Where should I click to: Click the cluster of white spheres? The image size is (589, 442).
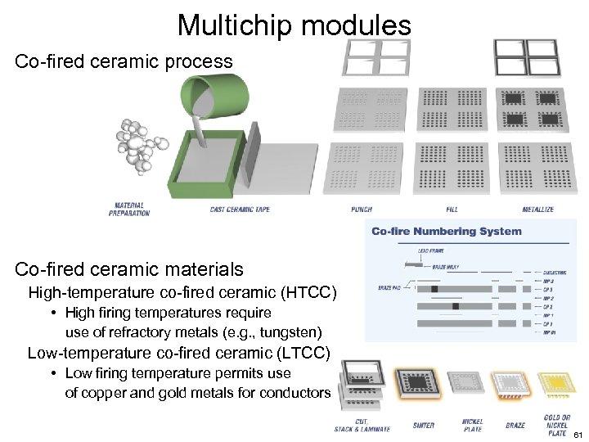136,147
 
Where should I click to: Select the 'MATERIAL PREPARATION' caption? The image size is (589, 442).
129,209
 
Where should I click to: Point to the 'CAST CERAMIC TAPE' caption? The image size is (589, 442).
240,210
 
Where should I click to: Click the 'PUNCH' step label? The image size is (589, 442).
362,210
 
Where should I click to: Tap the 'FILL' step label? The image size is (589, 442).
452,210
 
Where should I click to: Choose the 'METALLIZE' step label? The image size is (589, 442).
537,210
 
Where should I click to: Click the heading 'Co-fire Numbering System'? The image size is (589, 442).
446,231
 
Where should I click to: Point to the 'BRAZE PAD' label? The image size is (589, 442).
389,287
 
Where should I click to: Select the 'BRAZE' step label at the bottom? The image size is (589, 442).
515,425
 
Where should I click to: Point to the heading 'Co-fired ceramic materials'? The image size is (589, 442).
129,268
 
